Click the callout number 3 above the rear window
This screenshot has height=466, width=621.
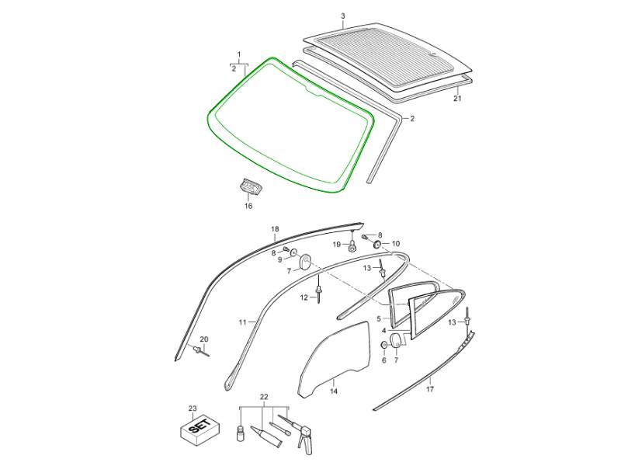point(343,16)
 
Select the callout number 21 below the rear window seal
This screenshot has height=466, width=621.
point(457,99)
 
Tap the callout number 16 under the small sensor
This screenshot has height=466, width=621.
point(248,206)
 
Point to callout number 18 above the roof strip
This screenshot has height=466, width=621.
point(275,229)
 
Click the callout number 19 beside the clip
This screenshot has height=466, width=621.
point(337,245)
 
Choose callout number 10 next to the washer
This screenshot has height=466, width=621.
point(396,244)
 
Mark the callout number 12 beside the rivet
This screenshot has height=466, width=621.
point(304,297)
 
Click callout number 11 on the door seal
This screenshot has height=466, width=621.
point(242,322)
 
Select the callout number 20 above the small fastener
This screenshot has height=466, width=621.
point(204,339)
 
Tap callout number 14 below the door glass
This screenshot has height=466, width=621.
point(334,391)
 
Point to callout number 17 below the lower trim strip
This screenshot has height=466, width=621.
point(430,389)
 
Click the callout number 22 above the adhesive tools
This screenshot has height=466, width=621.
point(264,397)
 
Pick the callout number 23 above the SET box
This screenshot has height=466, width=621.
point(193,409)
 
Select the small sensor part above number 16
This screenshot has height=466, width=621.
point(248,186)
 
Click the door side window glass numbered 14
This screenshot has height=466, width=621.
point(335,359)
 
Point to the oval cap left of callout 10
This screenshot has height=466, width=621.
point(377,244)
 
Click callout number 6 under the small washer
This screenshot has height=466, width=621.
point(383,360)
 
